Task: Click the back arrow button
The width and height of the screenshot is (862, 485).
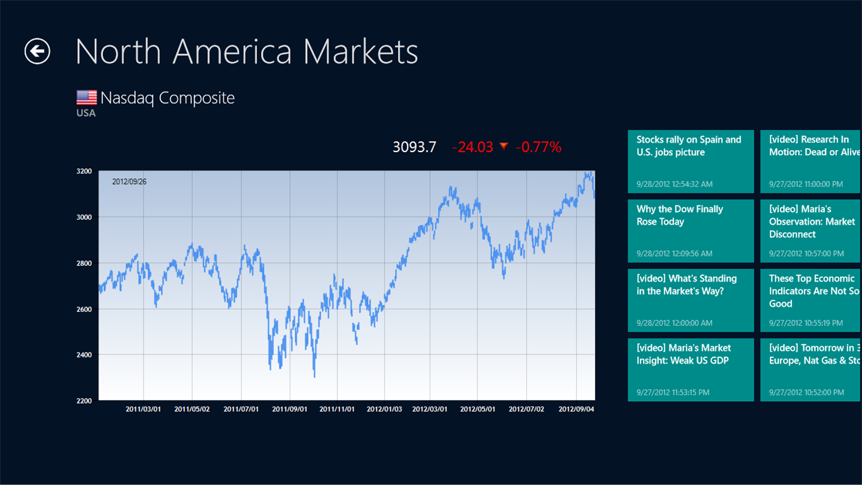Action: (37, 51)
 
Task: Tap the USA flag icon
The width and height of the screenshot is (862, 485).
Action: (87, 98)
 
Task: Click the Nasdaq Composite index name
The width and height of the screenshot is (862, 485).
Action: (168, 98)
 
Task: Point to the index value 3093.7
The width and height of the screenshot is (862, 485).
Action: (414, 147)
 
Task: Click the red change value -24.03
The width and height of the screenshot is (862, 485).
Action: (472, 147)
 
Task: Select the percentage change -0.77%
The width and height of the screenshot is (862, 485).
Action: (539, 147)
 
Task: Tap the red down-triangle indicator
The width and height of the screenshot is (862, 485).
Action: (504, 145)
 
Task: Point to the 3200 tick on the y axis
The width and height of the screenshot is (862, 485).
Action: (84, 171)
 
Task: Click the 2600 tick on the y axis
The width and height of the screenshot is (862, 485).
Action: (84, 309)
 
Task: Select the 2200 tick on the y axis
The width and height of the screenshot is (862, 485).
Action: (84, 401)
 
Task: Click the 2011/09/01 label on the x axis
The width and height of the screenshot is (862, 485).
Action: (290, 410)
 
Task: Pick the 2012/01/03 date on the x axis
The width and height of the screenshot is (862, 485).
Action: (384, 410)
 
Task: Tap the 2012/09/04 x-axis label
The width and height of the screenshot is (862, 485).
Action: (576, 410)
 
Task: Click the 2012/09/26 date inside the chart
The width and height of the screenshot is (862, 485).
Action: (129, 181)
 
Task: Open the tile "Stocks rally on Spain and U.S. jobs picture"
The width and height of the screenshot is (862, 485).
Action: (690, 162)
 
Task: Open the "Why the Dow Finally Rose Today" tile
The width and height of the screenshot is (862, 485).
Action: (690, 231)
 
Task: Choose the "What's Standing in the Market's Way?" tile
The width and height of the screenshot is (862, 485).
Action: (690, 301)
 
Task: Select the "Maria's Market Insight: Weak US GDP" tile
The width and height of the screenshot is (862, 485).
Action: (690, 370)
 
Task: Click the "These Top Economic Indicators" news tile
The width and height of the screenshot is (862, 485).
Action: (811, 301)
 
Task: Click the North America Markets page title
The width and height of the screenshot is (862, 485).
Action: (247, 51)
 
